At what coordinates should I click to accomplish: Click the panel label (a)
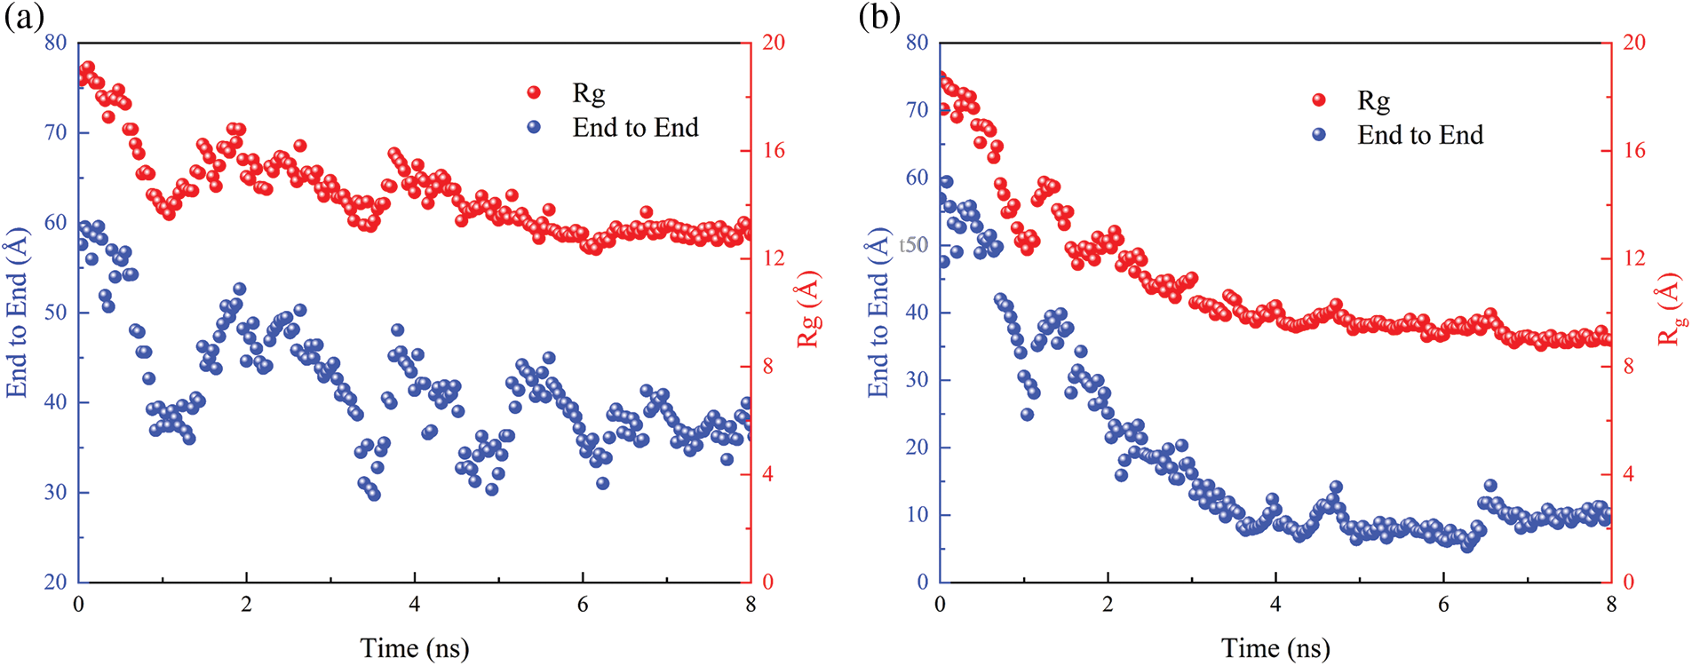point(24,17)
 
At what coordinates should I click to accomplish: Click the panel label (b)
point(879,17)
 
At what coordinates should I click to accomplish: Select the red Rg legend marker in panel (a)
point(534,92)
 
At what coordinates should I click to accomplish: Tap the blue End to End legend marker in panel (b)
point(1319,134)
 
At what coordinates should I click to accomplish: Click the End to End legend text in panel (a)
point(635,128)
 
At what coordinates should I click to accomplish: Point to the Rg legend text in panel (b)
point(1373,100)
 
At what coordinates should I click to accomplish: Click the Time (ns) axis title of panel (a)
point(414,648)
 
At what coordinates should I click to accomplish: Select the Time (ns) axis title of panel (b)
point(1275,648)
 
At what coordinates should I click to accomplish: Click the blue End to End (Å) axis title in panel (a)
point(17,313)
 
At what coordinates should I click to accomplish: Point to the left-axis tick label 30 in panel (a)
point(55,492)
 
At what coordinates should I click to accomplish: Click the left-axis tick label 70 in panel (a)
point(55,132)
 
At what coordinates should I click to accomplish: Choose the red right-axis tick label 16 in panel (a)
point(774,150)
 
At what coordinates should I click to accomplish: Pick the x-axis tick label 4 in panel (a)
point(414,605)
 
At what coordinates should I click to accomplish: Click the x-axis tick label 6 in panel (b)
point(1443,605)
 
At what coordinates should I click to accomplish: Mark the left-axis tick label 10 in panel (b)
point(917,514)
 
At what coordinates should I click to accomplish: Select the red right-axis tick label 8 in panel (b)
point(1628,366)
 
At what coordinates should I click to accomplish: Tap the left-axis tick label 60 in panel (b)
point(917,177)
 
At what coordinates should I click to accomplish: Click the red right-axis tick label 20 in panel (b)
point(1633,42)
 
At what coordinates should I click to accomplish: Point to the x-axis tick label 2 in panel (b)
point(1108,605)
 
